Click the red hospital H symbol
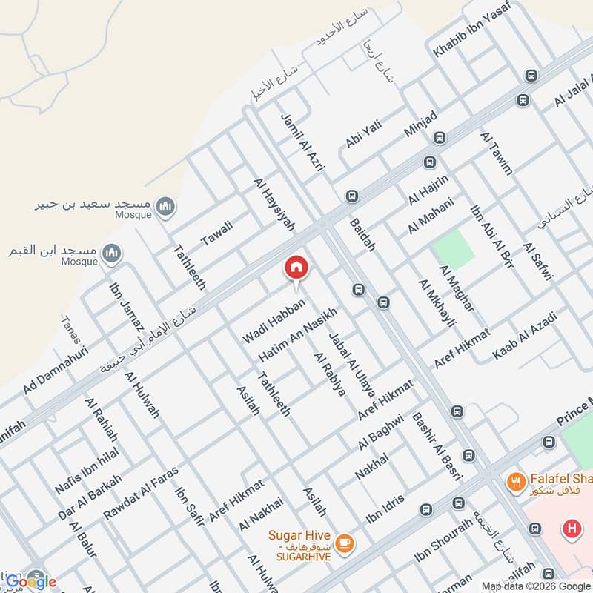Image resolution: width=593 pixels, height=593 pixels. pos(572,529)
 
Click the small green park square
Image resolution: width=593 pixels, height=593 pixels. pos(454,250)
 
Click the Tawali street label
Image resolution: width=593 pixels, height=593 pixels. pos(217,233)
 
